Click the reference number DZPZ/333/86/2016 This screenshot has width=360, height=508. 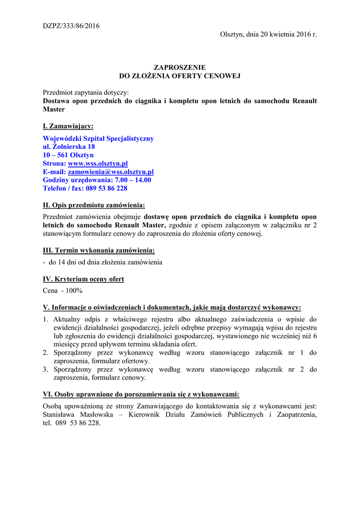pos(71,26)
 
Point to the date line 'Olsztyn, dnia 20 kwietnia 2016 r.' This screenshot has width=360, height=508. pos(268,34)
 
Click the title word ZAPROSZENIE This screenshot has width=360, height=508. pos(180,67)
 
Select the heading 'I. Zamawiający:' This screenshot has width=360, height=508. pos(68,126)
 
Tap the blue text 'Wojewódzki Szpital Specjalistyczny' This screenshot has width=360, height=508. pos(98,138)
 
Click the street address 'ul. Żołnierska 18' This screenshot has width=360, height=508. pos(69,147)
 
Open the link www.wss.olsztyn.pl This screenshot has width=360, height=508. pos(98,163)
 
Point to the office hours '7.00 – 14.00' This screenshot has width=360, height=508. pos(133,180)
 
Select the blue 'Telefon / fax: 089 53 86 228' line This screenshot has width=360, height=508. pos(85,189)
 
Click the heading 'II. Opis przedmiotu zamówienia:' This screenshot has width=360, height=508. pos(94,205)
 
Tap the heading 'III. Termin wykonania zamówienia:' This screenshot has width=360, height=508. pos(99,250)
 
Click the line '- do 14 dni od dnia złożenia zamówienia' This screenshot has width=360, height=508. pos(103,262)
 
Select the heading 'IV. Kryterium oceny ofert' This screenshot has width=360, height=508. pos(83,279)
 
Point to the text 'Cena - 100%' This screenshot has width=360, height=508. pos(63,291)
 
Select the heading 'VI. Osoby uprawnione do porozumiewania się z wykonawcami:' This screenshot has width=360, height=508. pos(141,394)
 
